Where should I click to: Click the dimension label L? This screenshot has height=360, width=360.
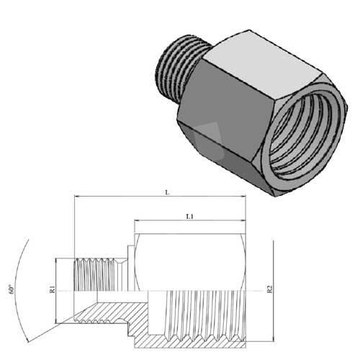click(x=166, y=193)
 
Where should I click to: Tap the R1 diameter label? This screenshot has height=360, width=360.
click(x=53, y=290)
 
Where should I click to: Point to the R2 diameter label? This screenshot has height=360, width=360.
click(x=269, y=290)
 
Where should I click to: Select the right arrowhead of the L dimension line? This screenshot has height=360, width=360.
click(x=243, y=200)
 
